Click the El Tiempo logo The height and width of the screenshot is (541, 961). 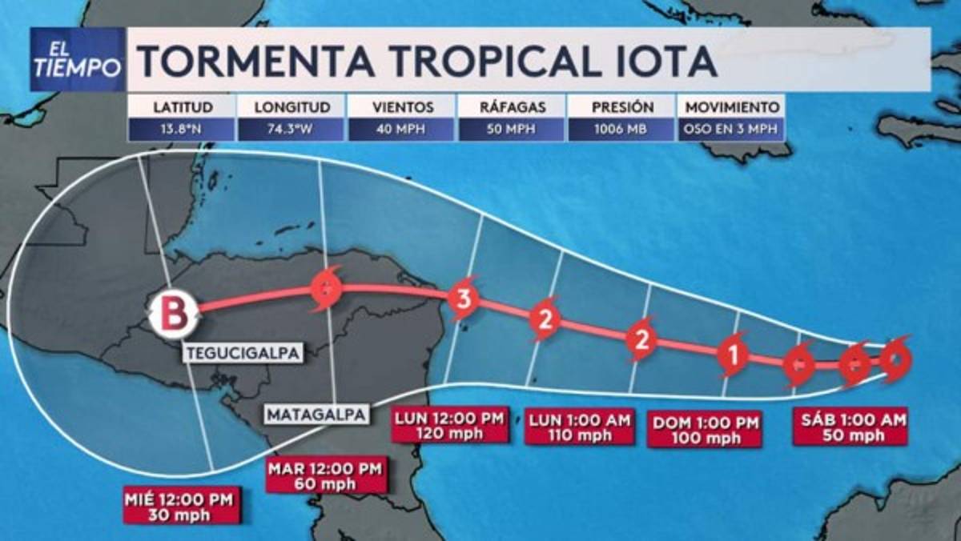78,60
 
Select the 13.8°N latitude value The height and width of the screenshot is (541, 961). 180,130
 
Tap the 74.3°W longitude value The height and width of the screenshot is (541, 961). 292,130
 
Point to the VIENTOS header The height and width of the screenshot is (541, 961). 402,106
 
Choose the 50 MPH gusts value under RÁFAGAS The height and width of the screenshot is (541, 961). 510,130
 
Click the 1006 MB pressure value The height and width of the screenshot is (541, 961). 621,130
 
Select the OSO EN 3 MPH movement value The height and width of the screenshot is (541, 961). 730,130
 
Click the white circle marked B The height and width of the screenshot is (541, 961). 174,313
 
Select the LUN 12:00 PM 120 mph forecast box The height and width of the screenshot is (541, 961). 450,426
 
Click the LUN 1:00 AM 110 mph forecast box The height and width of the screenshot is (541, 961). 578,426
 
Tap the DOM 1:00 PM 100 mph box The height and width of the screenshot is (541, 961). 704,430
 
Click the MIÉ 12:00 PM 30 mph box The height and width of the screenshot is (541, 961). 181,506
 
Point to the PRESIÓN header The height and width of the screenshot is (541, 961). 621,106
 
